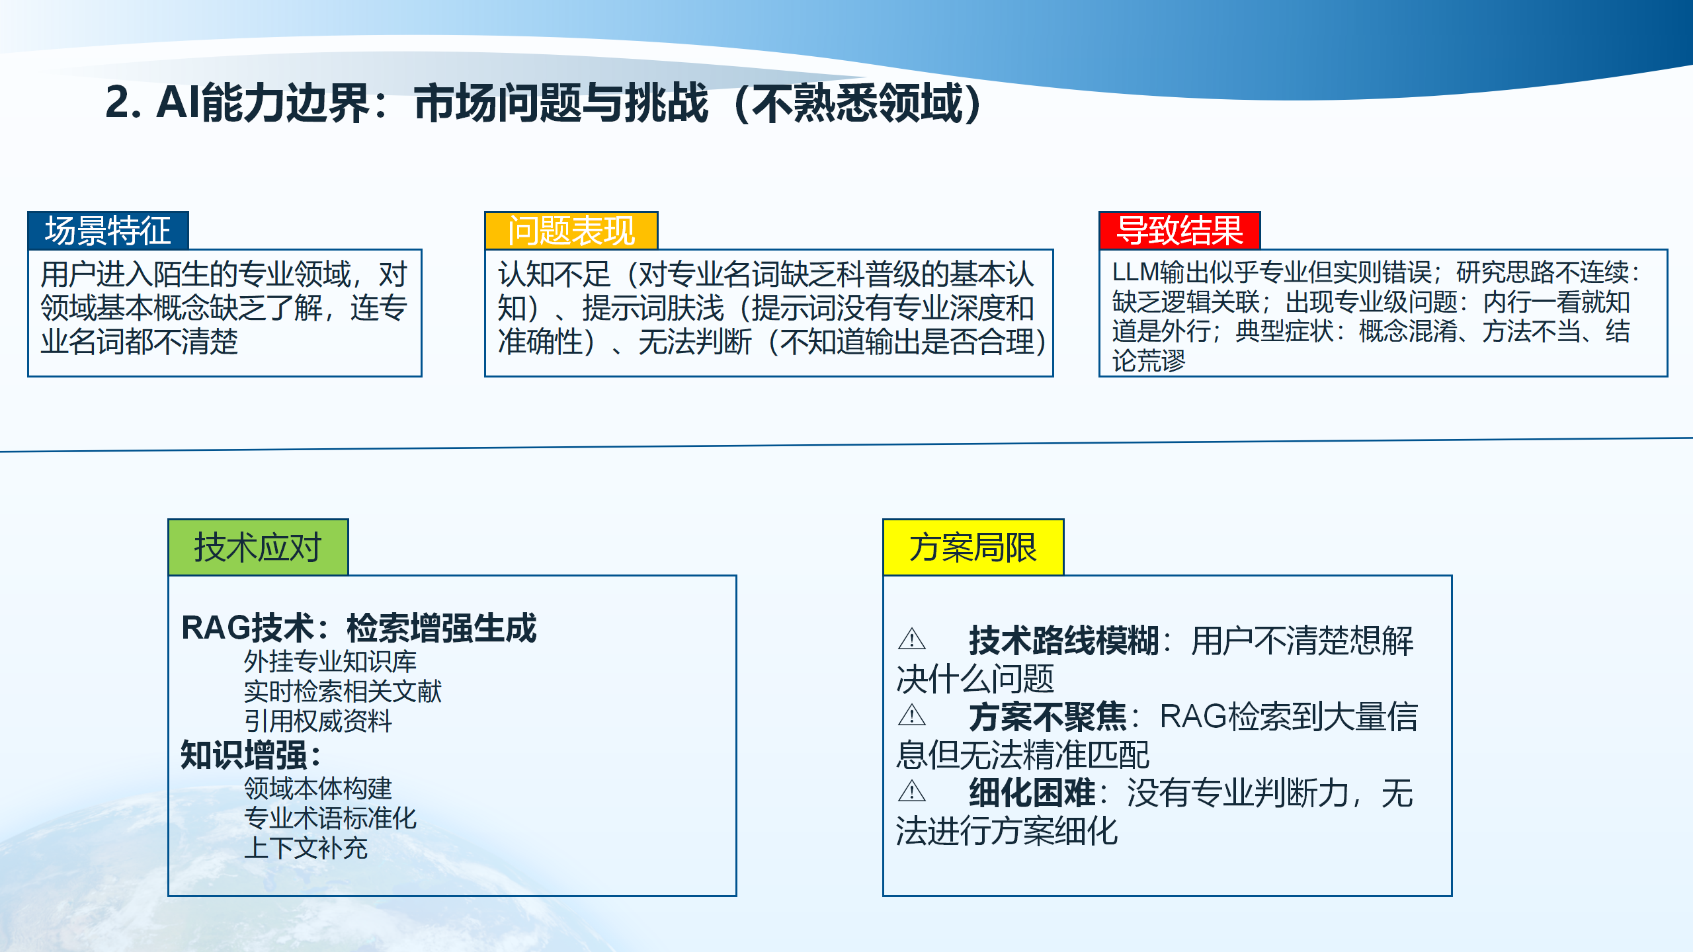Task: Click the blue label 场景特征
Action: point(108,231)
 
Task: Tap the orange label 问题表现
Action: point(571,231)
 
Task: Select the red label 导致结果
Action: point(1179,231)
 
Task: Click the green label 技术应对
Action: point(258,547)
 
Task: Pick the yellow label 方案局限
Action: point(973,547)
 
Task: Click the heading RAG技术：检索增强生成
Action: point(358,628)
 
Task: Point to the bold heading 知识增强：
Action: point(251,755)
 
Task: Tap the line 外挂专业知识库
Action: point(330,661)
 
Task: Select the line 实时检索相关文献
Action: point(343,692)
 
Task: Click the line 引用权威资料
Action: point(317,721)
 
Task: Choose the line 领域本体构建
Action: point(317,789)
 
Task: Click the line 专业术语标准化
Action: point(330,818)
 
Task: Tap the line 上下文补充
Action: point(305,848)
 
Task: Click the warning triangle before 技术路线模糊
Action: point(912,639)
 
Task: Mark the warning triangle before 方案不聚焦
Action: point(912,715)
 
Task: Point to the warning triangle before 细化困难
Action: point(912,791)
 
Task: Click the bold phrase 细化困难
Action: point(1032,793)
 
